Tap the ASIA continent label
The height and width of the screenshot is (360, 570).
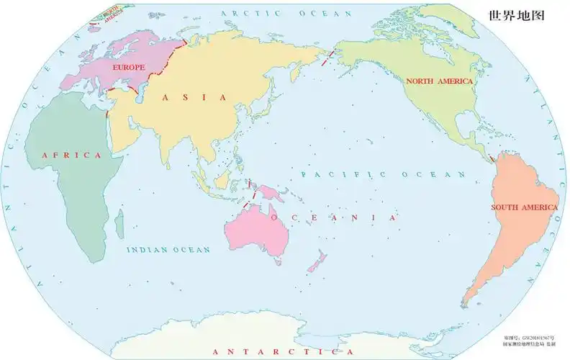(194, 96)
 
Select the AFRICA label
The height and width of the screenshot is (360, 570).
(71, 155)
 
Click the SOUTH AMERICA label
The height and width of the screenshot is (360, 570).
(524, 207)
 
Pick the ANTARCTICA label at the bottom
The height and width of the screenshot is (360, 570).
(285, 351)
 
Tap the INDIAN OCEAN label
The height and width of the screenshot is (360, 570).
(168, 250)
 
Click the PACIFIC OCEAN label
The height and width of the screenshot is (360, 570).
(384, 174)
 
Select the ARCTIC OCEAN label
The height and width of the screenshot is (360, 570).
(287, 14)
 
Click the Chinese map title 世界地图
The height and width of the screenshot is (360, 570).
(516, 14)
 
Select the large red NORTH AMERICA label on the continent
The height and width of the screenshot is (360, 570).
(439, 81)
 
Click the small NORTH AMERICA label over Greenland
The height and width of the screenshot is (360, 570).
(111, 14)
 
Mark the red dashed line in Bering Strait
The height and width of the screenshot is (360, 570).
(330, 58)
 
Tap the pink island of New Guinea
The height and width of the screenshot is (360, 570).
(271, 193)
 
